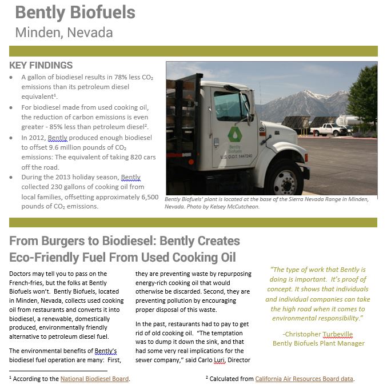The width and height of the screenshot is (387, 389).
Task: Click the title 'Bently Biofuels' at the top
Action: (75, 12)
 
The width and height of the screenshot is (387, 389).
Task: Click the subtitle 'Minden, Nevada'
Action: (63, 33)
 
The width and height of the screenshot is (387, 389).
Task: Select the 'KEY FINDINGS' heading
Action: (41, 66)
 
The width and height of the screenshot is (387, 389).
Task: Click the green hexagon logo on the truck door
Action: (235, 135)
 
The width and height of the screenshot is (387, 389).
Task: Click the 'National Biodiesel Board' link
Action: (95, 378)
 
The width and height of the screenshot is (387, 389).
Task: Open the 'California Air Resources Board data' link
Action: (305, 378)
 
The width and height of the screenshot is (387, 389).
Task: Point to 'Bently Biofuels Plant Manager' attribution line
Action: (318, 343)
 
